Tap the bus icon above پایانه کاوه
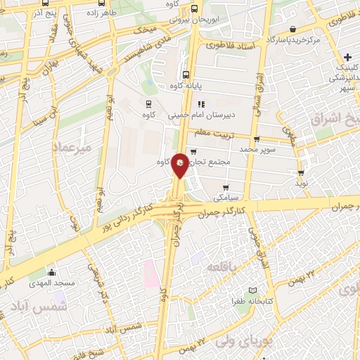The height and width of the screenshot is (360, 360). tap(186, 75)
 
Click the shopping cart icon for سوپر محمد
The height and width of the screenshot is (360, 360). tap(257, 139)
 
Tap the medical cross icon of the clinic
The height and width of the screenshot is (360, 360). tap(348, 56)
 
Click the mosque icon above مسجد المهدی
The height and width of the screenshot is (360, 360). tap(51, 273)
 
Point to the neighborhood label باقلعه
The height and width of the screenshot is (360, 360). tap(222, 266)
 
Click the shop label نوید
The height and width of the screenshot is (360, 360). tap(301, 183)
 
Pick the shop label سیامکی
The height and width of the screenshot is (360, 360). tap(224, 198)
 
